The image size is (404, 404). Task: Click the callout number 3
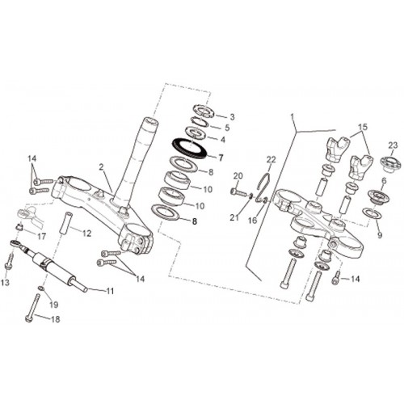(232, 117)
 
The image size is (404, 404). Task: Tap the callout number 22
(271, 159)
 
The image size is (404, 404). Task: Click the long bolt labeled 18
(32, 308)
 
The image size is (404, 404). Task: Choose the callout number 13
(5, 282)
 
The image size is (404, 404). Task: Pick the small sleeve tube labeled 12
(65, 225)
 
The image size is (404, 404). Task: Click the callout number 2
(101, 167)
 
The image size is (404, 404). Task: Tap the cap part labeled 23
(389, 163)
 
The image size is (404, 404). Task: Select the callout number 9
(380, 235)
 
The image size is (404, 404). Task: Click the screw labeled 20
(238, 192)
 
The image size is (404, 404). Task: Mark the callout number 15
(363, 127)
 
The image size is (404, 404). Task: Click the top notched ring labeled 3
(204, 111)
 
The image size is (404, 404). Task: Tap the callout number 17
(42, 237)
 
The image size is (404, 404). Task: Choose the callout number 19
(54, 305)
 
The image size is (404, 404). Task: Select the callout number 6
(384, 181)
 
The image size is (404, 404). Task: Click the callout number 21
(234, 217)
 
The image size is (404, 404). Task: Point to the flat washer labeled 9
(372, 213)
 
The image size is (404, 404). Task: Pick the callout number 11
(110, 291)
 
